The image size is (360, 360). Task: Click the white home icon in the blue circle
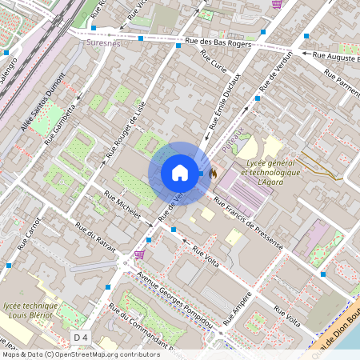click(x=180, y=173)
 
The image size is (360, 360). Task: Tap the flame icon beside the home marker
click(x=213, y=172)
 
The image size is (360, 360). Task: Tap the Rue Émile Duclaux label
click(x=227, y=107)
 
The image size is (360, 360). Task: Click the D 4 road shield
click(x=81, y=337)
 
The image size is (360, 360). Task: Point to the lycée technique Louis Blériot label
click(x=30, y=311)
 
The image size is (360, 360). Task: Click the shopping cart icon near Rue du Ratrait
click(x=139, y=254)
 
